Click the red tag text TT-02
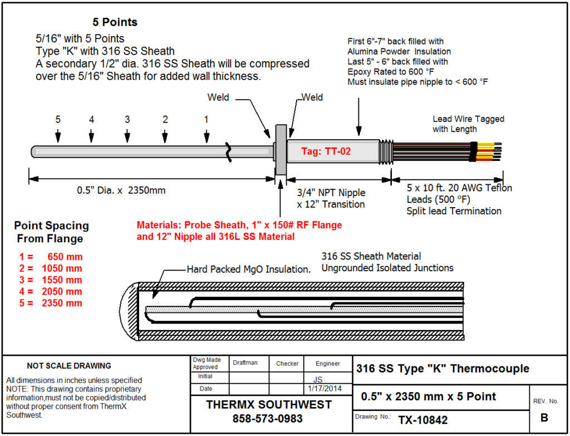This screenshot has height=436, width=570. [x=326, y=151]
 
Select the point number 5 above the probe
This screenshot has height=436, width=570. [x=58, y=119]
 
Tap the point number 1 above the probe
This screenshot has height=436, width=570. [x=207, y=119]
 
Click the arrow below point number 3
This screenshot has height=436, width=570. [x=127, y=136]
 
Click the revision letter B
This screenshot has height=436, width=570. [x=544, y=418]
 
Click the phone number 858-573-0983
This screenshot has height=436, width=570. [x=268, y=418]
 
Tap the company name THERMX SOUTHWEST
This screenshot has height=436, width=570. [x=269, y=405]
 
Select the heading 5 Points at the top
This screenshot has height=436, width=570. [x=115, y=22]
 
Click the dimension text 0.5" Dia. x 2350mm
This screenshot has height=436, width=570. [x=121, y=190]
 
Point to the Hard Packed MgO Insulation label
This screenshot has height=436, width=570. [x=248, y=270]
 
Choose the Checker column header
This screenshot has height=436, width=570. [x=287, y=364]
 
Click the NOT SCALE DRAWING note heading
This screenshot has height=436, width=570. [x=69, y=366]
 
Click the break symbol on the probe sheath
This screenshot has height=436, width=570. [x=228, y=151]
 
